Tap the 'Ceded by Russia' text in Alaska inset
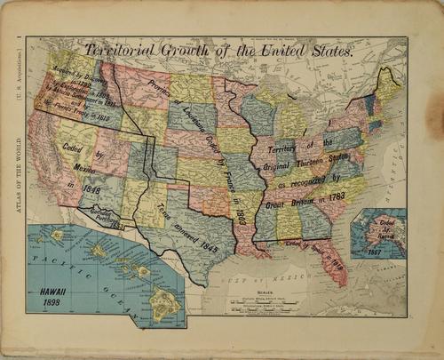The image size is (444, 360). coord(369,224)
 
